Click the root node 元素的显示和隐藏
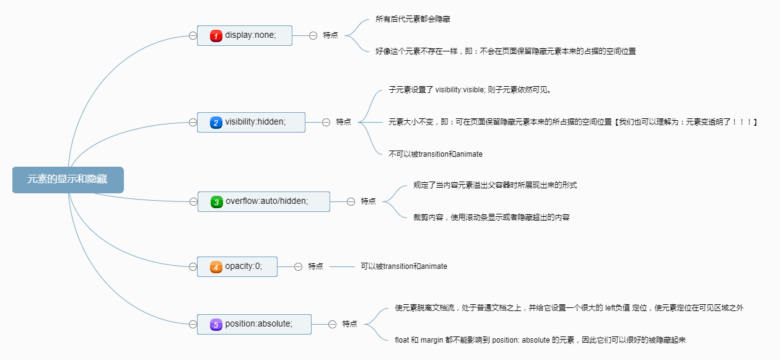(68, 180)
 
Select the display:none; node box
(244, 35)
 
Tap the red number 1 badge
(216, 36)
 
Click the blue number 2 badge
(216, 123)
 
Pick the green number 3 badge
(216, 201)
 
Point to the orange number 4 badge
(216, 266)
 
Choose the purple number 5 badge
(216, 324)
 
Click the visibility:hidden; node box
(251, 122)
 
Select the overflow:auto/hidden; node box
(263, 201)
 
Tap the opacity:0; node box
(237, 266)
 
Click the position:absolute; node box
(254, 324)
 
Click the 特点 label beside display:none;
(330, 35)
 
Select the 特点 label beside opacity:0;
(315, 266)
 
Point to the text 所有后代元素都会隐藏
(413, 19)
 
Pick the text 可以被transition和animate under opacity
(404, 266)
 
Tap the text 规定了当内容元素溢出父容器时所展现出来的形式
(495, 185)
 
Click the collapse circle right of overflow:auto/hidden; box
(351, 201)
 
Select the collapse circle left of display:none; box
(193, 35)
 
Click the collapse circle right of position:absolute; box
(332, 324)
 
